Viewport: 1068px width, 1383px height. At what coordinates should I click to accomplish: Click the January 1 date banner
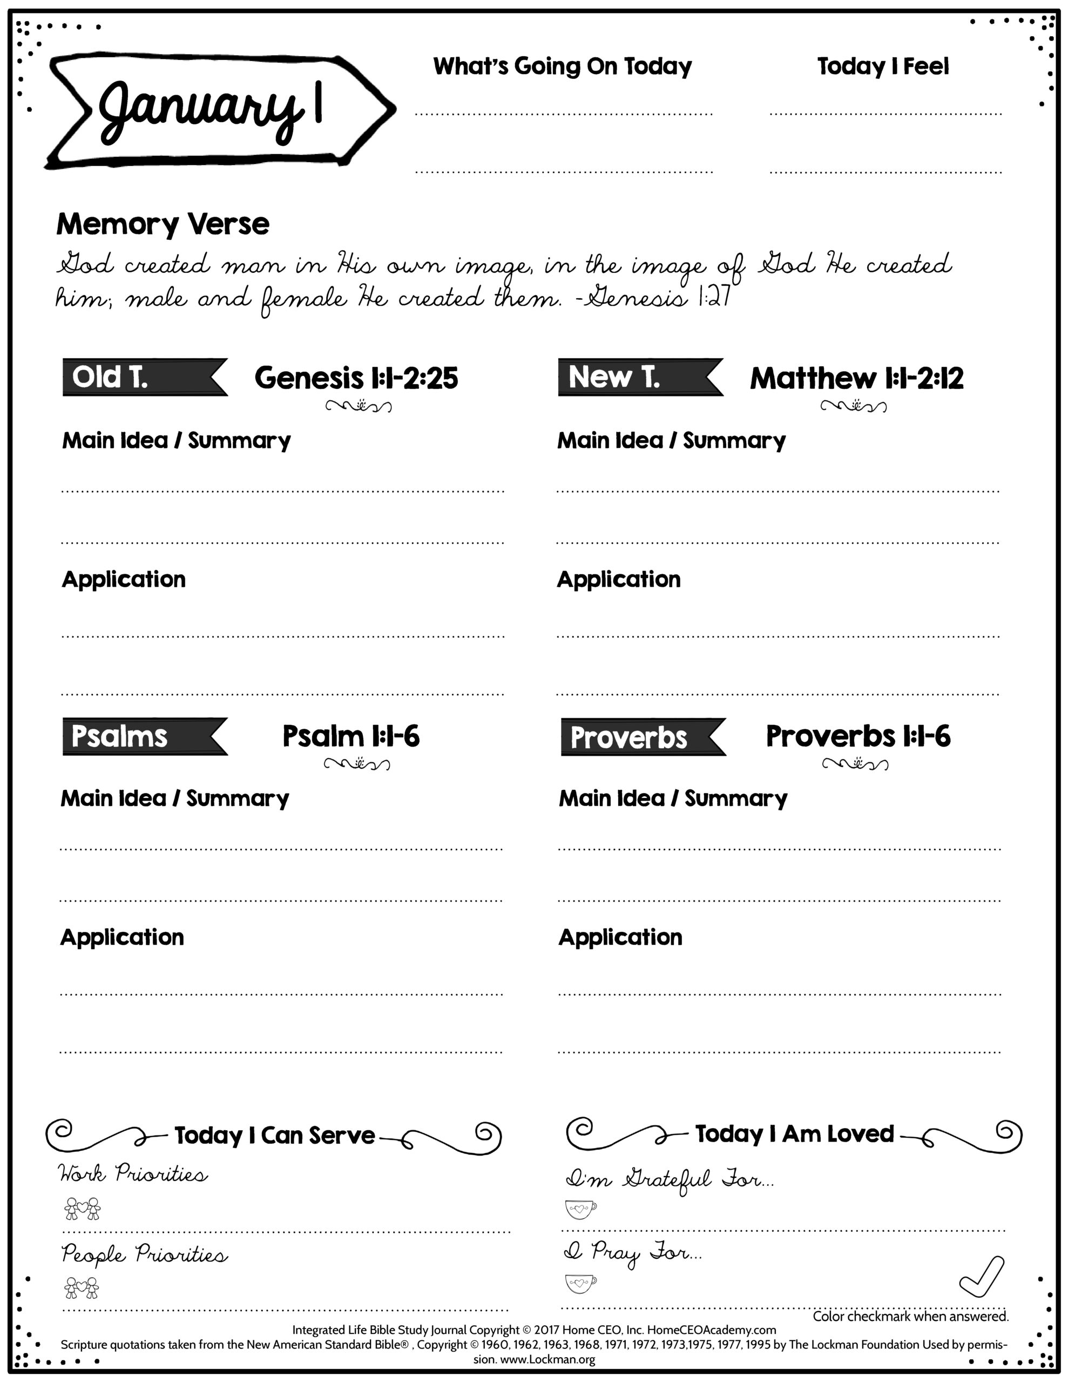click(x=219, y=111)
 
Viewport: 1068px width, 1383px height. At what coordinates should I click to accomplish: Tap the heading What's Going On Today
click(x=562, y=66)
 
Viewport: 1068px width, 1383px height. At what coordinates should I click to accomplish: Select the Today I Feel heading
click(x=882, y=66)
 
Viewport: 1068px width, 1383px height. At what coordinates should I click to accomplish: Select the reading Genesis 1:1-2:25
click(x=356, y=378)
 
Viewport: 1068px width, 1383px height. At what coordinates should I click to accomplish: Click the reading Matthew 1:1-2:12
click(x=856, y=378)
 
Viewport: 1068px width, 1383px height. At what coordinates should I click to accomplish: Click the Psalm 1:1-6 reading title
click(x=351, y=736)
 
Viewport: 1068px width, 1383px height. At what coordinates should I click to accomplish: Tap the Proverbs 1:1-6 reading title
click(x=858, y=736)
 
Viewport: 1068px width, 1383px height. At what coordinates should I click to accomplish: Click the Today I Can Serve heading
click(x=274, y=1136)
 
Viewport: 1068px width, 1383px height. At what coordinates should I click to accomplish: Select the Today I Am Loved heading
click(x=794, y=1133)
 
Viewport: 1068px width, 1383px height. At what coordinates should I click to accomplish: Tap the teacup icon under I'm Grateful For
click(x=580, y=1209)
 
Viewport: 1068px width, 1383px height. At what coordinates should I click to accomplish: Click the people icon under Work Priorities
click(x=82, y=1208)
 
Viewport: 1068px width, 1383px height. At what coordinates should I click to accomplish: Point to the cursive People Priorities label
click(x=144, y=1255)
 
